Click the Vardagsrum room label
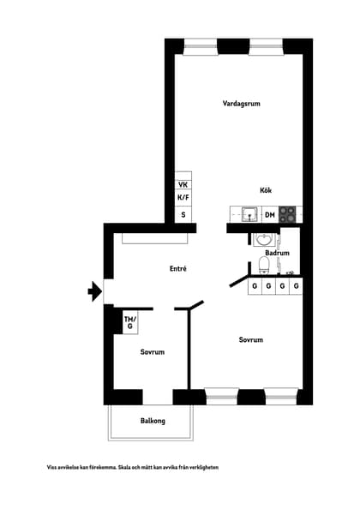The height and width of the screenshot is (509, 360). (241, 104)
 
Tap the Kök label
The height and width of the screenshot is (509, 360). (266, 190)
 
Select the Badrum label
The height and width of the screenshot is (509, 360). (277, 254)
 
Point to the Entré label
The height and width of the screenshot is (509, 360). (177, 269)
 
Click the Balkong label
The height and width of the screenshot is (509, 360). (153, 421)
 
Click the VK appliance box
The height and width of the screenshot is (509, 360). (183, 185)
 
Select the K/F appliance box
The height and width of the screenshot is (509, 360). (183, 199)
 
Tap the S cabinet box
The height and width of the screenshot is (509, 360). (183, 214)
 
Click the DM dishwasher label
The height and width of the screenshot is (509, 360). (269, 215)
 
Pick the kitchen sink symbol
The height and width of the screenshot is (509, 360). (249, 214)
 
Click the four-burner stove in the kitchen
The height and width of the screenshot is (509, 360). (289, 214)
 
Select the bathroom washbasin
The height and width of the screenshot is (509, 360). (265, 239)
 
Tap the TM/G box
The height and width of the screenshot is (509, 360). (129, 322)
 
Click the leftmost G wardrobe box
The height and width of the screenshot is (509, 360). (255, 285)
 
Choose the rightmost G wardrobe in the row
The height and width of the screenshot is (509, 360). (296, 285)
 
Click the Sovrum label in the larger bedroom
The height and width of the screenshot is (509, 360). (250, 340)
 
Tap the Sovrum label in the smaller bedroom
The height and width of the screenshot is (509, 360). (153, 352)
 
